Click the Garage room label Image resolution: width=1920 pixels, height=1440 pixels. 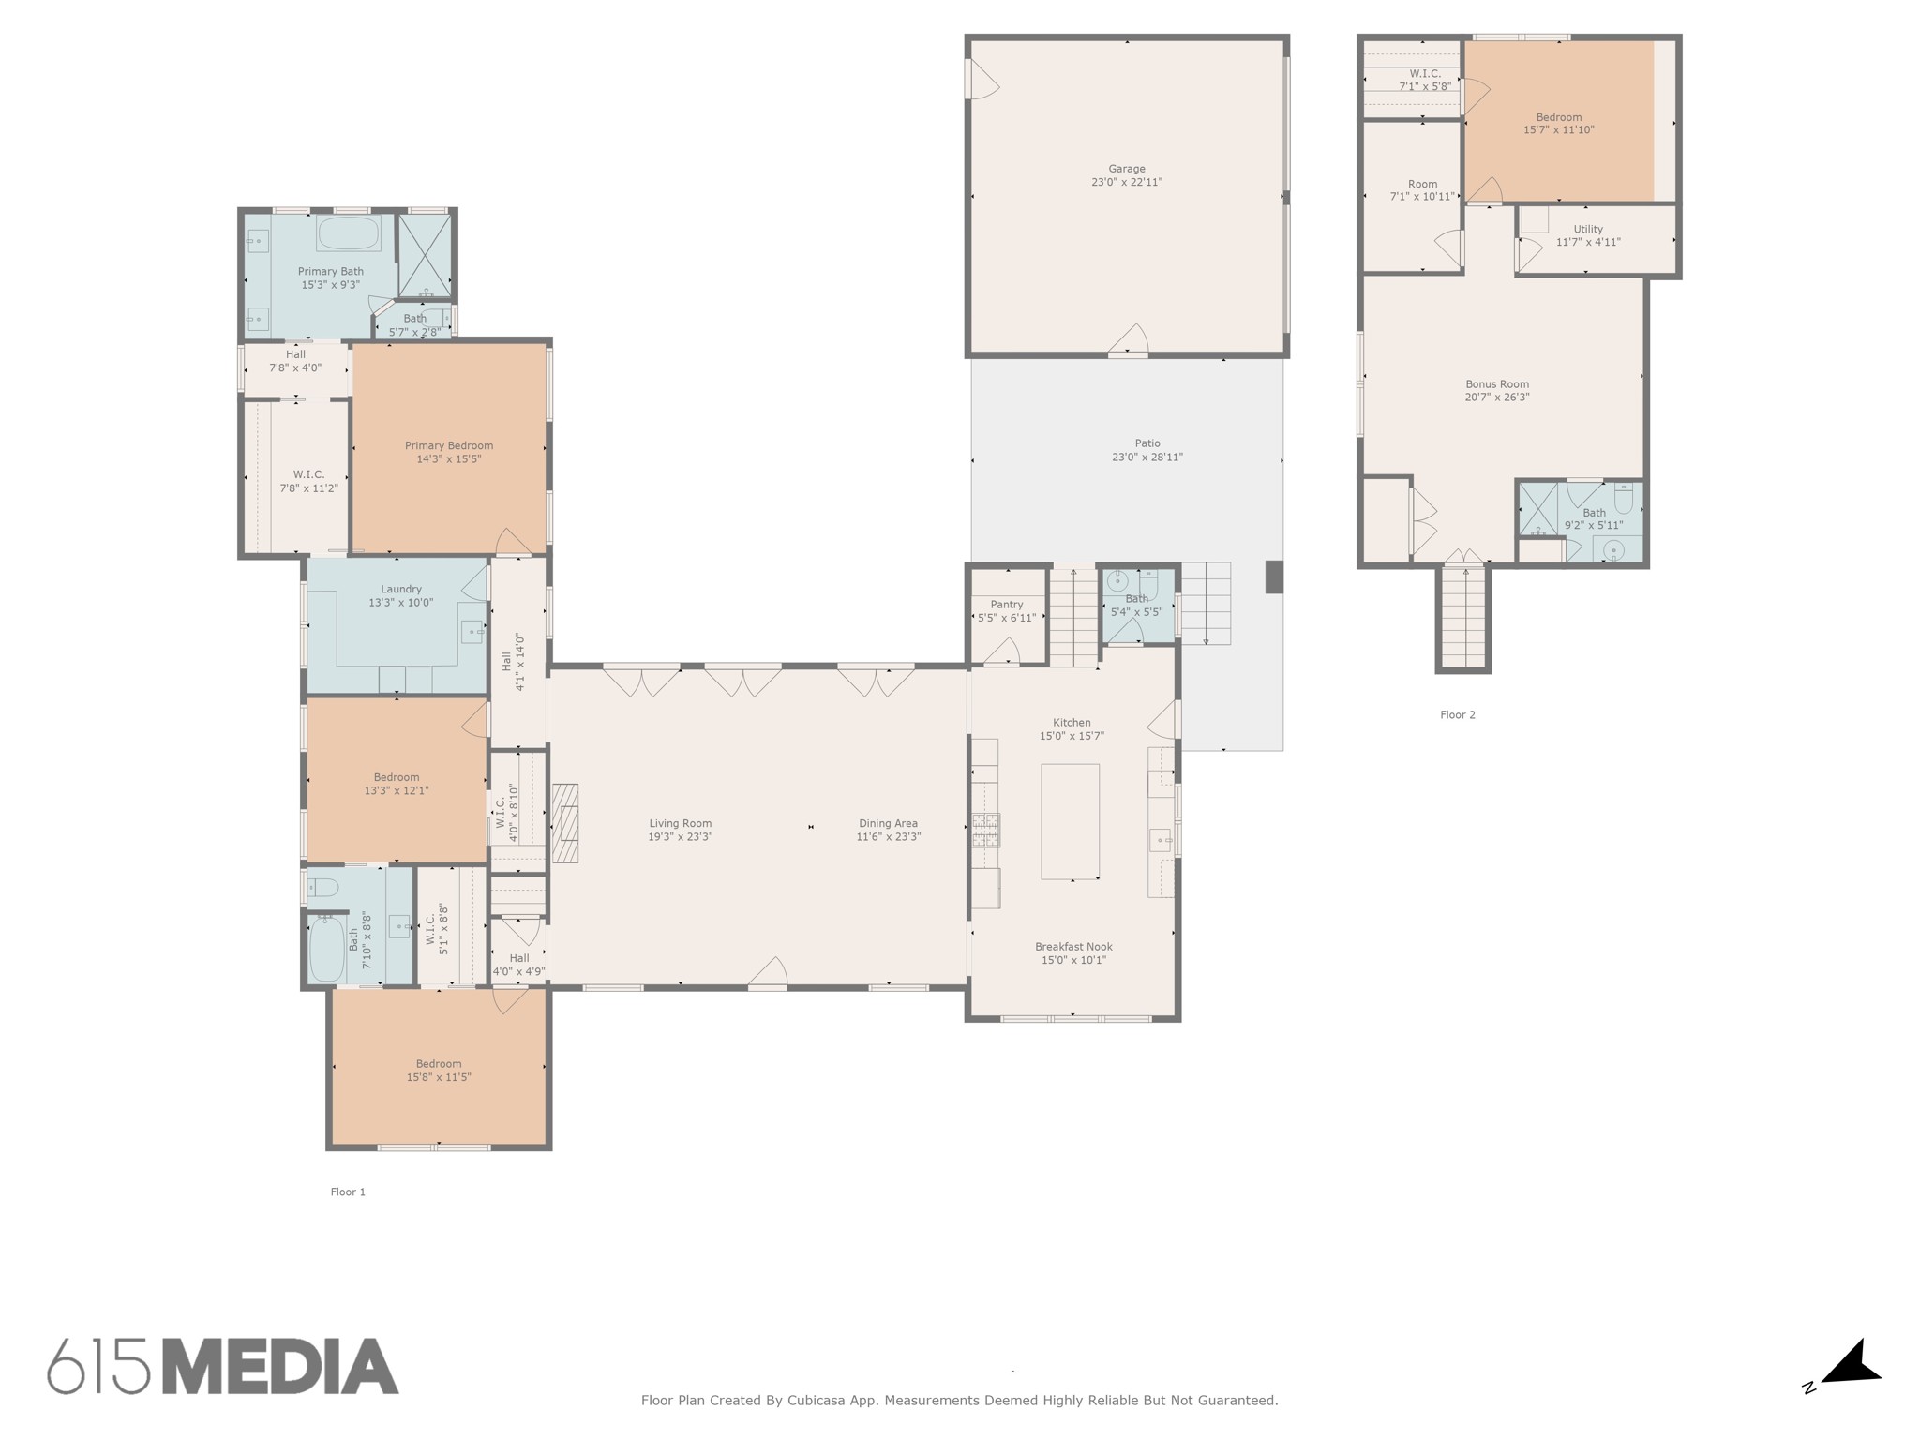click(x=1127, y=170)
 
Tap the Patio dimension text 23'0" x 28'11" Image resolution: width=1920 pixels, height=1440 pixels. click(x=1147, y=457)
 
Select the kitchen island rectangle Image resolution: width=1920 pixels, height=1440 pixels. click(x=1071, y=821)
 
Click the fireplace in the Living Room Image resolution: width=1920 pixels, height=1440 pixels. click(x=564, y=822)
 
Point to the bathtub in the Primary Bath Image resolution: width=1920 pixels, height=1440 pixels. click(x=348, y=232)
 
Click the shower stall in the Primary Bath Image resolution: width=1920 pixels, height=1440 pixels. click(x=425, y=256)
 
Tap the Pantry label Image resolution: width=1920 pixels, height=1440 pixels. click(x=1007, y=605)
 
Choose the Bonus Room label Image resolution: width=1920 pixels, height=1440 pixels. click(x=1497, y=384)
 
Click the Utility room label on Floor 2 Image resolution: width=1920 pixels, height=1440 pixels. click(x=1588, y=229)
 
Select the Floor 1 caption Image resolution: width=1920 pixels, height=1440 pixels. click(x=348, y=1192)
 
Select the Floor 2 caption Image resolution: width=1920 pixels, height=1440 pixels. click(x=1458, y=714)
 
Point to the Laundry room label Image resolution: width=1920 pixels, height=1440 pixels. click(x=401, y=589)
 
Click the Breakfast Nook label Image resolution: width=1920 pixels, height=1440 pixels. click(x=1073, y=947)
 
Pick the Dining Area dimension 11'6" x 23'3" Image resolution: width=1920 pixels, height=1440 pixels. click(x=889, y=836)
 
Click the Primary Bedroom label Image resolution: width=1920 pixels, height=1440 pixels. click(x=449, y=445)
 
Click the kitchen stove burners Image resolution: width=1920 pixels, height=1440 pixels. click(x=985, y=829)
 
